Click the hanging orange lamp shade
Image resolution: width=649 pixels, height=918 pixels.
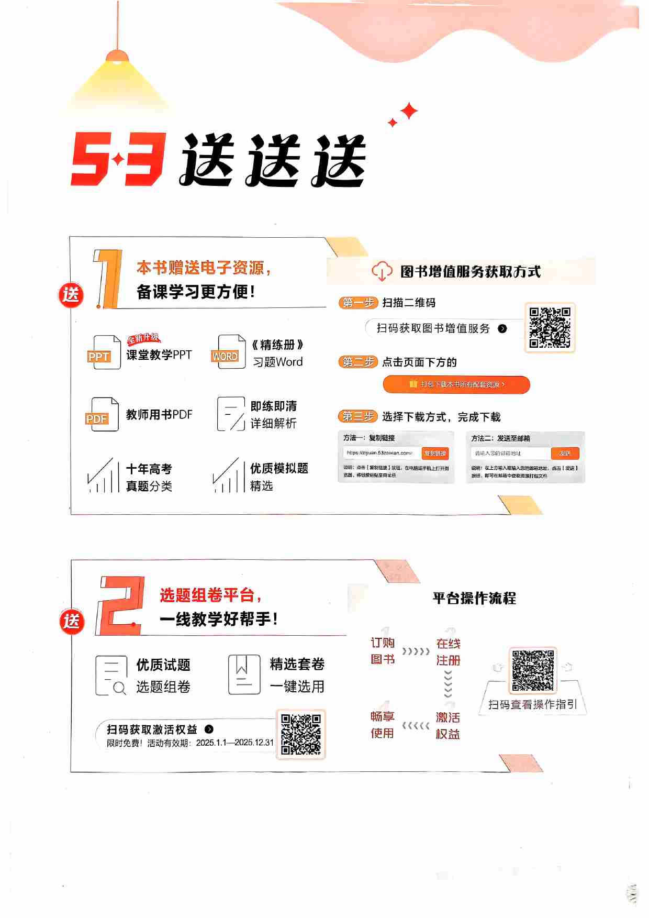coord(117,56)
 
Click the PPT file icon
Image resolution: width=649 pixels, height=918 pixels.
coord(104,352)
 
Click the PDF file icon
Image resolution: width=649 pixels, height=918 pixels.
coord(102,414)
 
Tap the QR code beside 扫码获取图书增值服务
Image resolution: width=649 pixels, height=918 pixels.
coord(550,327)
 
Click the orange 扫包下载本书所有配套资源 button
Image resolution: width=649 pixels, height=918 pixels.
coord(456,384)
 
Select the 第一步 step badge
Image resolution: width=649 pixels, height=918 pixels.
coord(358,303)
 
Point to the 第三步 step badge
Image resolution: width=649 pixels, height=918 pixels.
coord(358,417)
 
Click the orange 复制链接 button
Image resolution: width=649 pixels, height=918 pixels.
coord(435,454)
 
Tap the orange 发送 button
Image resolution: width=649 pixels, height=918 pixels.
coord(565,454)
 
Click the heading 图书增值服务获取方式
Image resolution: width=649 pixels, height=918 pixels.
coord(470,272)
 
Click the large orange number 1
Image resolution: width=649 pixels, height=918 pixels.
coord(108,279)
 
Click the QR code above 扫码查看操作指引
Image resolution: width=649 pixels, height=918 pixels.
coord(533,670)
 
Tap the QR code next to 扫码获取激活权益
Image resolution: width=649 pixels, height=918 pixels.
coord(300,734)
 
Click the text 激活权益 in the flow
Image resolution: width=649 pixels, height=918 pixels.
coord(448,725)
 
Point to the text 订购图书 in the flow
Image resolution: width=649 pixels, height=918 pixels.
coord(383,650)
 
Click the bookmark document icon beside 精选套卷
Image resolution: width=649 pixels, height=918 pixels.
coord(244,674)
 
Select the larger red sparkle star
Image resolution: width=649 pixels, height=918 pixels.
coord(409,110)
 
